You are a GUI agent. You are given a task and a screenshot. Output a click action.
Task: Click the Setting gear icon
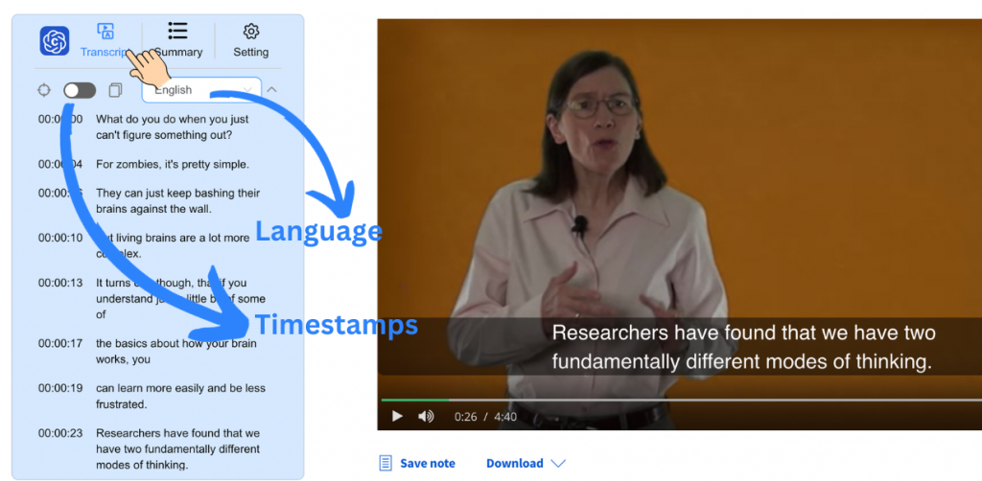[251, 32]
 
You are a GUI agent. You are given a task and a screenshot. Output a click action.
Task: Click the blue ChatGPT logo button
[55, 41]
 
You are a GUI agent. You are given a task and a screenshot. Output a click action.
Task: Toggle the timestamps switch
[80, 90]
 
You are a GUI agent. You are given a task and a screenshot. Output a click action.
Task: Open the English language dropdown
[201, 90]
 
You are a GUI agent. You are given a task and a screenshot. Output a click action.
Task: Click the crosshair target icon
[44, 90]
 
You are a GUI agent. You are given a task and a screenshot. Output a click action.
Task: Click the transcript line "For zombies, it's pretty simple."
[173, 164]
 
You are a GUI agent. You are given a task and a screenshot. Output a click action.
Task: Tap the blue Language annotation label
[318, 231]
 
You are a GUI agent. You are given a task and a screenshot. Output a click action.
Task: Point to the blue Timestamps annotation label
[336, 324]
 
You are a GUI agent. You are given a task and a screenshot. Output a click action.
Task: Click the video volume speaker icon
[426, 416]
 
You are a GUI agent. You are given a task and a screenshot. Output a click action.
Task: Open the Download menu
[525, 464]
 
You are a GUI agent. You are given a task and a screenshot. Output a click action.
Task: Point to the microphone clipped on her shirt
[579, 226]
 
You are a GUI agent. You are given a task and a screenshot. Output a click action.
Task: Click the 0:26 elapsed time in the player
[466, 417]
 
